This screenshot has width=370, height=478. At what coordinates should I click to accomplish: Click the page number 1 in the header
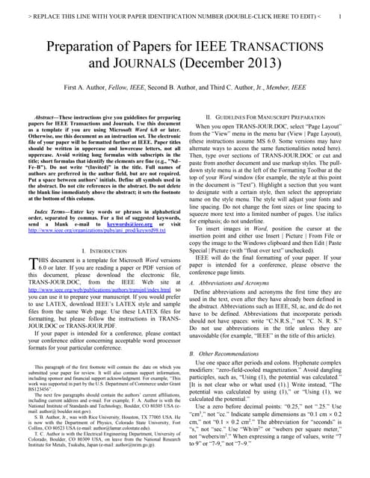(x=340, y=16)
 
